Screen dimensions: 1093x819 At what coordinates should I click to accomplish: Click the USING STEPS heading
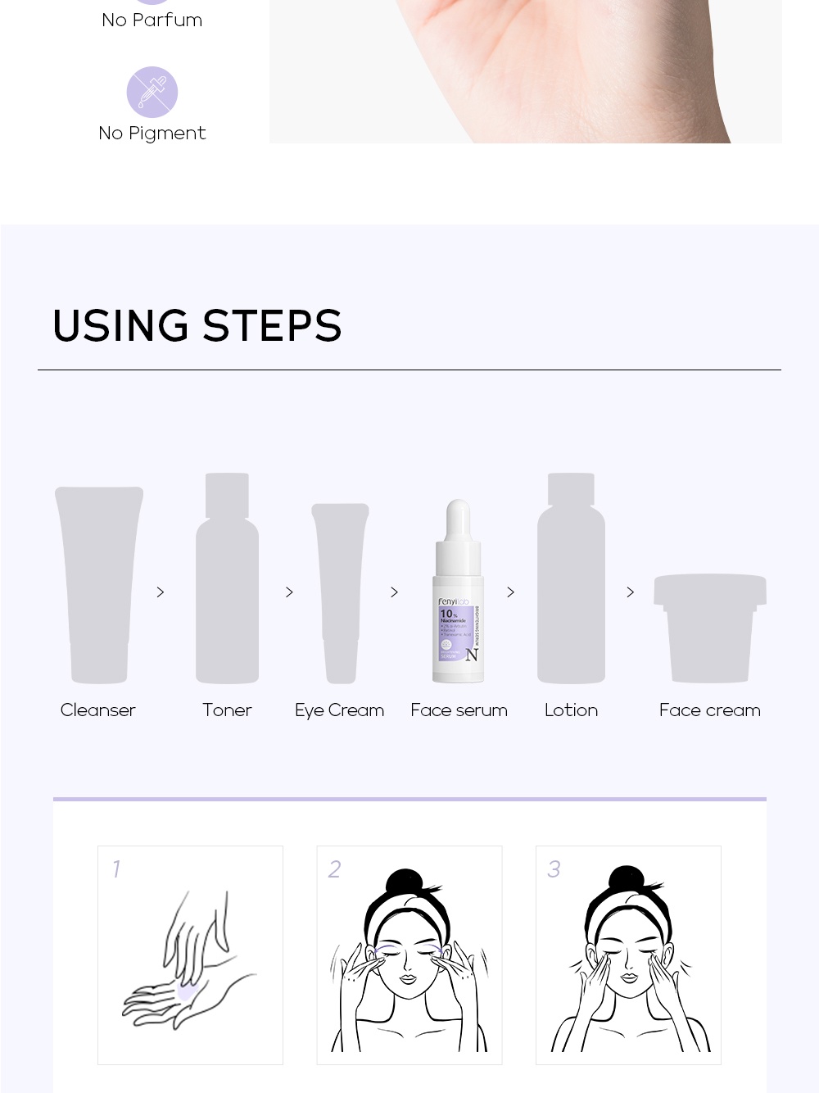coord(197,326)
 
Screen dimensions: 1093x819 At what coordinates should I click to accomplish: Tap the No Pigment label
coord(152,134)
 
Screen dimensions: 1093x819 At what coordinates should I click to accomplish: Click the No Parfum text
coord(152,20)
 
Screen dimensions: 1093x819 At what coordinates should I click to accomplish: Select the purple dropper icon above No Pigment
coord(152,92)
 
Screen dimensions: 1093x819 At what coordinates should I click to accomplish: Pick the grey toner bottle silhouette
coord(227,582)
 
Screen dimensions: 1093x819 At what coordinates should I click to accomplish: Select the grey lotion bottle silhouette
coord(571,582)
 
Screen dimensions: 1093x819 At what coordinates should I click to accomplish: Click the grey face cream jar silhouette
coord(710,628)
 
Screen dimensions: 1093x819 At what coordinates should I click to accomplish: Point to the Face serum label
coord(459,710)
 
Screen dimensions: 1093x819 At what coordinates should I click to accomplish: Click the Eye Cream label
coord(339,710)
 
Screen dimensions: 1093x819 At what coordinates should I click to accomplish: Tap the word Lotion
coord(571,710)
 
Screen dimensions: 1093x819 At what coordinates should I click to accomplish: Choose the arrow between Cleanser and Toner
coord(161,592)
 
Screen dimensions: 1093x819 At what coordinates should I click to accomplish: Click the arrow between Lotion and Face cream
coord(630,592)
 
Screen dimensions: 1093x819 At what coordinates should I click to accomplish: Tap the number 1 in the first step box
coord(116,869)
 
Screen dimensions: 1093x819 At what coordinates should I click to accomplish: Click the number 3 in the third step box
coord(554,869)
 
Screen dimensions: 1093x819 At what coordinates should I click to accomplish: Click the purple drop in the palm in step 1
coord(186,993)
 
